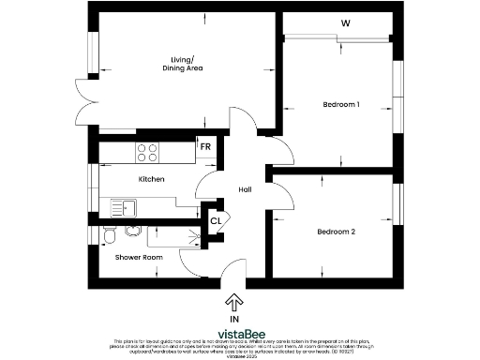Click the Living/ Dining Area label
(183, 64)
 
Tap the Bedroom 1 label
(340, 104)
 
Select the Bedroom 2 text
(336, 232)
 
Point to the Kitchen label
(152, 178)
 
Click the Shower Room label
(134, 256)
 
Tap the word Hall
(245, 190)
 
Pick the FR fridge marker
(204, 147)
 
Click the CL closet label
(215, 221)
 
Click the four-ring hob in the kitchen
(148, 150)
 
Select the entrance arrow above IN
(234, 302)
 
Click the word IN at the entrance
(234, 319)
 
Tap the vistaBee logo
(239, 333)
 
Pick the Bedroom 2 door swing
(278, 190)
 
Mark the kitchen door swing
(214, 185)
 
